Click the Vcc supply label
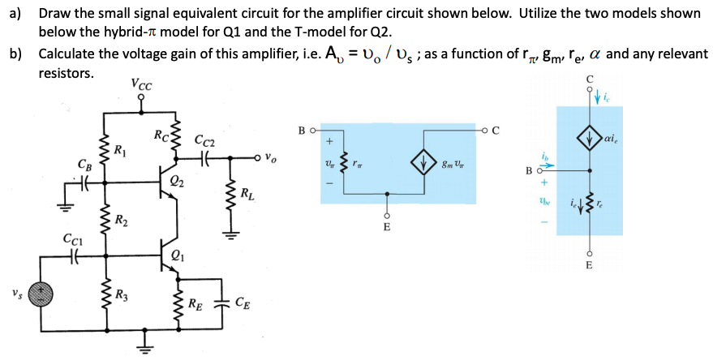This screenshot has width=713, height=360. point(140,84)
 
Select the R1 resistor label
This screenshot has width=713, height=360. point(120,150)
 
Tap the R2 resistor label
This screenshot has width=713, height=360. point(120,220)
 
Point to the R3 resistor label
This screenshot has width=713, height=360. point(120,294)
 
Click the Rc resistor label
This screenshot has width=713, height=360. point(161,135)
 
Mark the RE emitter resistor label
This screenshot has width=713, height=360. point(194,305)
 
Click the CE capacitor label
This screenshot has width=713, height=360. point(243,305)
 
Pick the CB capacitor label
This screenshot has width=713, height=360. point(84,165)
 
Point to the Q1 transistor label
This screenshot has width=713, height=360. point(177,258)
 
